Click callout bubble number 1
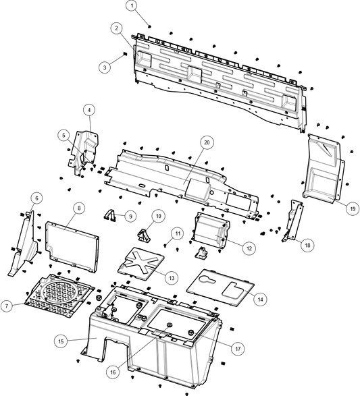[132, 5]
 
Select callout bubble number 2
[117, 28]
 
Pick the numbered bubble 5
[63, 135]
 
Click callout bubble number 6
[36, 198]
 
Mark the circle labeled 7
[6, 306]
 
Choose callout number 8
[79, 208]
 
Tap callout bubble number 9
[130, 217]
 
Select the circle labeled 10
[157, 216]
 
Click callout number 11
[176, 233]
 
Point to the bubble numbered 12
[249, 248]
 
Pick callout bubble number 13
[172, 277]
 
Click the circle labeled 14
[260, 298]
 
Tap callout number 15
[61, 341]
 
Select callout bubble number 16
[113, 372]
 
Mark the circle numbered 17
[237, 349]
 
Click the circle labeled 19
[352, 209]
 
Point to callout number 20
[207, 142]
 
